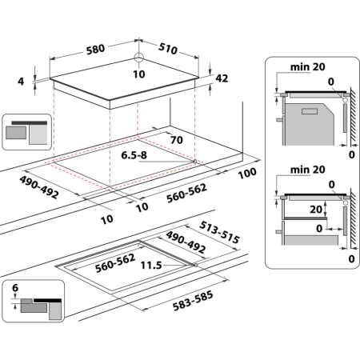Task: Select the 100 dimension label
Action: [246, 174]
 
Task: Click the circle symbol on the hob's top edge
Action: [138, 57]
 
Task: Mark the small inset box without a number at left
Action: [27, 131]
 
